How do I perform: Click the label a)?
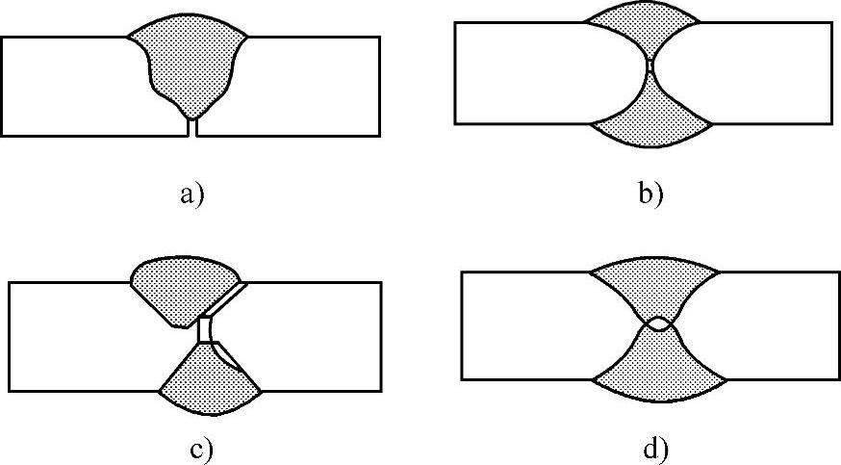(x=192, y=194)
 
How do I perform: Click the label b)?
(x=650, y=194)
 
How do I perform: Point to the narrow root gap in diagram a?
(x=192, y=126)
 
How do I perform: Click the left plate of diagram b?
(x=529, y=73)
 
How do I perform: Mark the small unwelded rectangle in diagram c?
(x=205, y=329)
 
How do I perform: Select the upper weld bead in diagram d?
(x=655, y=283)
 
